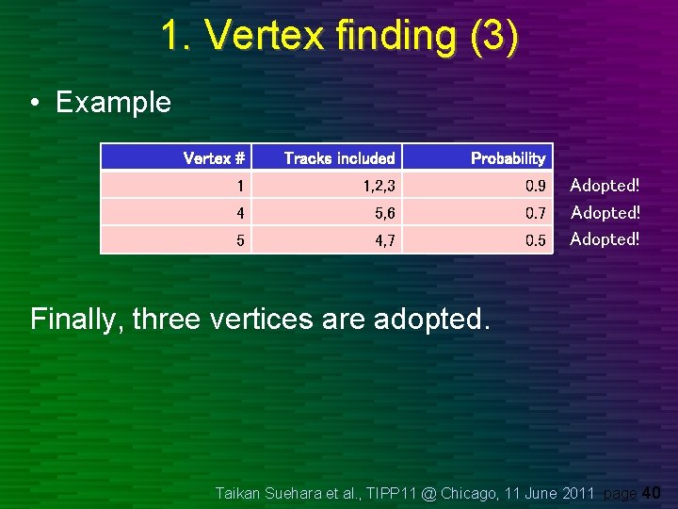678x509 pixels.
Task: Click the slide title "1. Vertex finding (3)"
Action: tap(339, 36)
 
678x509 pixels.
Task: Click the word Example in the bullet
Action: tap(113, 102)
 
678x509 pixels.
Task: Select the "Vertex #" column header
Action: tap(214, 158)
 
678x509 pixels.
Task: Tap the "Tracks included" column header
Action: tap(339, 158)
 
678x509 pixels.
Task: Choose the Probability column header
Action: tap(508, 158)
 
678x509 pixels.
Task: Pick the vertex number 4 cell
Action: tap(240, 213)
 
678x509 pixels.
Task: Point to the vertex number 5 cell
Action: tap(240, 240)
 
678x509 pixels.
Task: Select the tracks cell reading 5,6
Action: tap(384, 213)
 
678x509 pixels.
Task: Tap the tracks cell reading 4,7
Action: tap(384, 240)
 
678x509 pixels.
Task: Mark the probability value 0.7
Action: tap(535, 213)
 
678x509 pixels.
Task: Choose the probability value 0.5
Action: tap(535, 240)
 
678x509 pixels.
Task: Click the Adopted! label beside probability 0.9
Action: tap(605, 186)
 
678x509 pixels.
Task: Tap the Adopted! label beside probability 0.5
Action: tap(605, 239)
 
